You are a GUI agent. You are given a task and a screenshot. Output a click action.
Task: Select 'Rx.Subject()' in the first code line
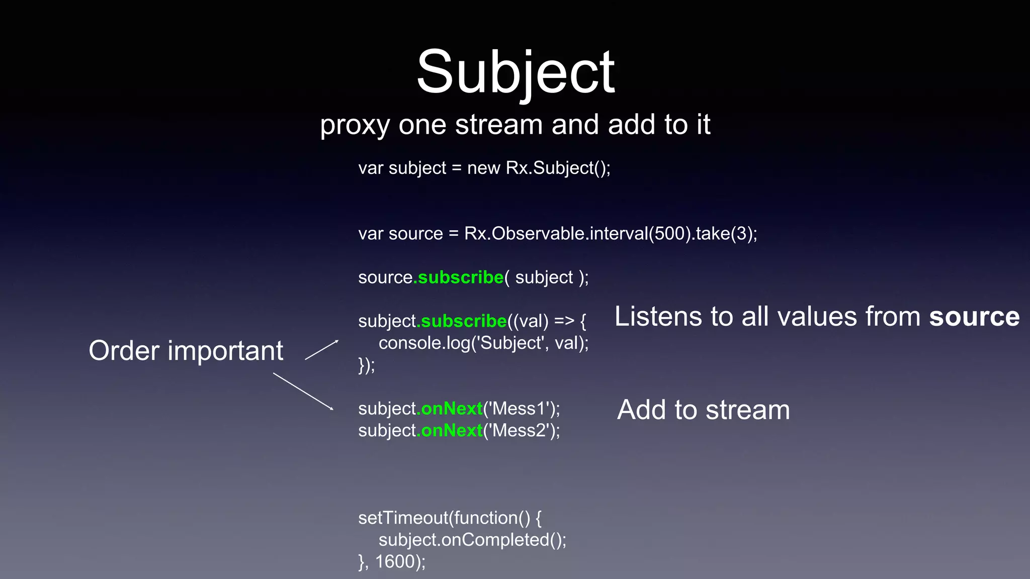[557, 168]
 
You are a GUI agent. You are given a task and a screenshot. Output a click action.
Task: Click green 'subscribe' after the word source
[460, 277]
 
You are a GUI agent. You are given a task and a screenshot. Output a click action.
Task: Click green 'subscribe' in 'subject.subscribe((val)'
[464, 321]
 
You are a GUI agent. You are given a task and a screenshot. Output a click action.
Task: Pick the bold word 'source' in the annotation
[974, 317]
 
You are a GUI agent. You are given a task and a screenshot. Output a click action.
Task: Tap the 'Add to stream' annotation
[703, 410]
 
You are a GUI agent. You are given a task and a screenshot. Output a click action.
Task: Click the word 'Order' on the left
[124, 350]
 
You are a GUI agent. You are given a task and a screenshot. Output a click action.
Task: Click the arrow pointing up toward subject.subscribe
[322, 350]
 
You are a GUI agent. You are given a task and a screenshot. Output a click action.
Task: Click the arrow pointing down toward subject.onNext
[303, 391]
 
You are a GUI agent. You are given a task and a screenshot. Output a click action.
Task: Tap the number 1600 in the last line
[395, 562]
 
